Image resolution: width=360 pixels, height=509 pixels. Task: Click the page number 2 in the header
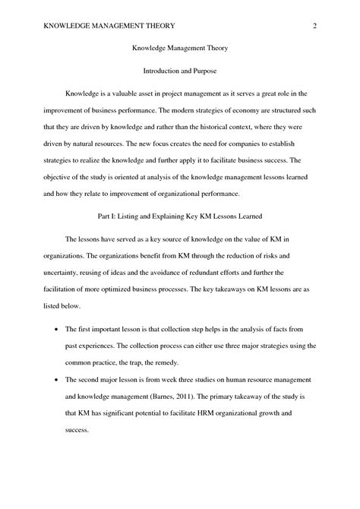313,27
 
